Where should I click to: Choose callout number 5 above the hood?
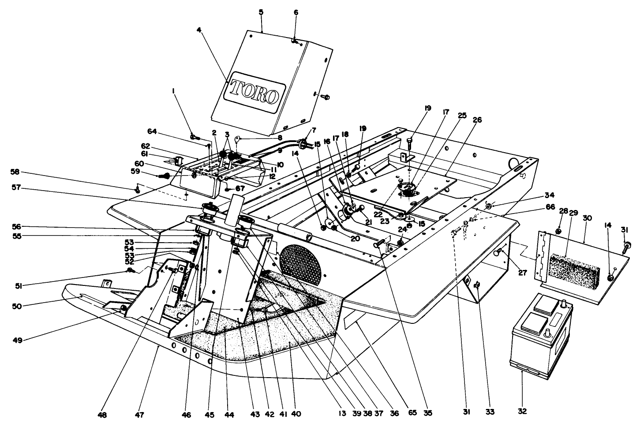261,12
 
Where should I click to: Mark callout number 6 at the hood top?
296,12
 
